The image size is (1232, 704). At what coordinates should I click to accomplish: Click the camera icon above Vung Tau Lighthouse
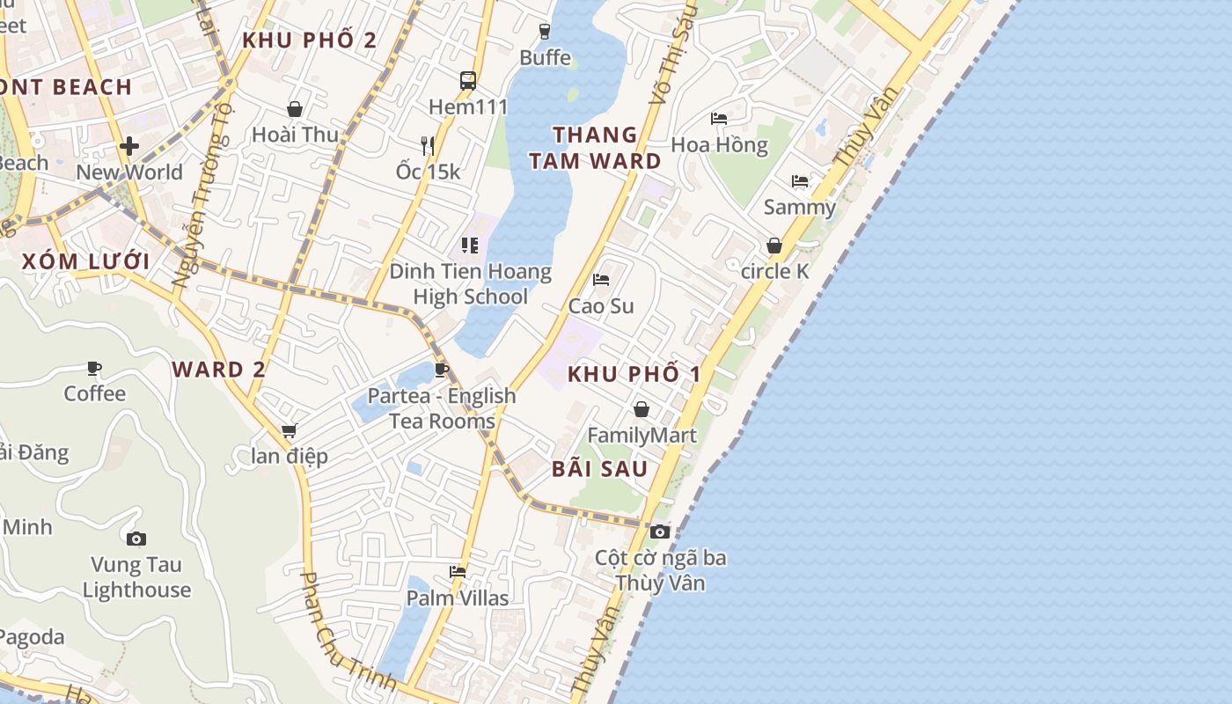tap(136, 539)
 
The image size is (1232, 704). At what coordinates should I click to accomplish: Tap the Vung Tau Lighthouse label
tap(136, 577)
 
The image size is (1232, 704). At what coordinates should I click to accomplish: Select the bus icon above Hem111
tap(468, 81)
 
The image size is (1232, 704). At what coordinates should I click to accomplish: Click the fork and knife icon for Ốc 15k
tap(428, 145)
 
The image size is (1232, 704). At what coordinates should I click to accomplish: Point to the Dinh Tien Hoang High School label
tap(471, 283)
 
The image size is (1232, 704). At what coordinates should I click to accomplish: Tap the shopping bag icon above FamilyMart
tap(642, 409)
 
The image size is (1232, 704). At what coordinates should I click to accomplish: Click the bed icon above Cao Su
tap(601, 280)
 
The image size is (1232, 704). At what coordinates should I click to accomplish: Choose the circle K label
tap(774, 271)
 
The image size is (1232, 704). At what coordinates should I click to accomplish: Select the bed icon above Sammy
tap(799, 181)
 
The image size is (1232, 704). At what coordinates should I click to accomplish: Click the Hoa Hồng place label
tap(719, 144)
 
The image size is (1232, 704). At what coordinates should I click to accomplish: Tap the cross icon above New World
tap(129, 145)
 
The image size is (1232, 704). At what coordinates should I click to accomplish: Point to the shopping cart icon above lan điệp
tap(289, 430)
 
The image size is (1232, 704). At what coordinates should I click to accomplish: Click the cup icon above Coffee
tap(94, 368)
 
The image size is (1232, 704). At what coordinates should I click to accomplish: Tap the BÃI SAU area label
tap(600, 469)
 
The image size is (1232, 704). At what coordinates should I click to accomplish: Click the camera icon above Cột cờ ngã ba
tap(659, 532)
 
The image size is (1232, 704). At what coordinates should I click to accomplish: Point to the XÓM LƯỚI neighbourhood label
tap(85, 261)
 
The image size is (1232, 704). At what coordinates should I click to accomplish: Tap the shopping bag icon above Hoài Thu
tap(295, 109)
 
